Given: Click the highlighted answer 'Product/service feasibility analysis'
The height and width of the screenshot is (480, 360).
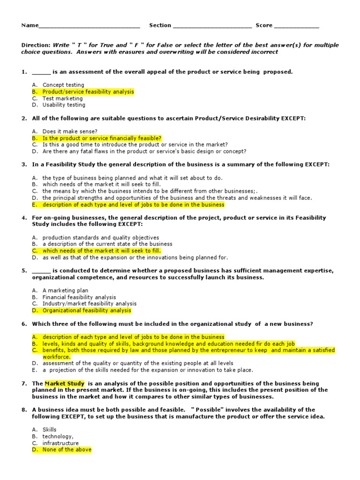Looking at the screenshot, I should [88, 92].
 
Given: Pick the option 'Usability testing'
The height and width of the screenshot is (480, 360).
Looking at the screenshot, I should [64, 105].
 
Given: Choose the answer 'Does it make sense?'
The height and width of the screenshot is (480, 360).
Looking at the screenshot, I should [70, 132].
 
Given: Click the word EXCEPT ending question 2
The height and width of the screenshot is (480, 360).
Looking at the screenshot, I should [292, 119].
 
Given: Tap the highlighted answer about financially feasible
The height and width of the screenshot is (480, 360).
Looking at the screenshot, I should [102, 138].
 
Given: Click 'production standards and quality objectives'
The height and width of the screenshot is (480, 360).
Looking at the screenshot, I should [101, 238].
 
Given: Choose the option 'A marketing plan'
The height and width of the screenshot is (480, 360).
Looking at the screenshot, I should [65, 291].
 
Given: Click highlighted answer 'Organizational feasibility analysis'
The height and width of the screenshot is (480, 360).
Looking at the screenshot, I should [87, 310].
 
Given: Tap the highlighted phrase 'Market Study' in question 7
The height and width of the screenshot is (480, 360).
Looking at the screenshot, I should [65, 383].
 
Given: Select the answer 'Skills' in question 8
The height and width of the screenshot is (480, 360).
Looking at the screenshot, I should [49, 429].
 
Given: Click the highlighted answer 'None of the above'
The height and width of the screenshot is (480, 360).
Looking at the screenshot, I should [67, 450].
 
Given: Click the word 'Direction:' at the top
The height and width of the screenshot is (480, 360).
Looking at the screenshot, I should [36, 45].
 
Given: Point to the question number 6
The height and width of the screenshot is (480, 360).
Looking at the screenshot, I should [24, 324].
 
